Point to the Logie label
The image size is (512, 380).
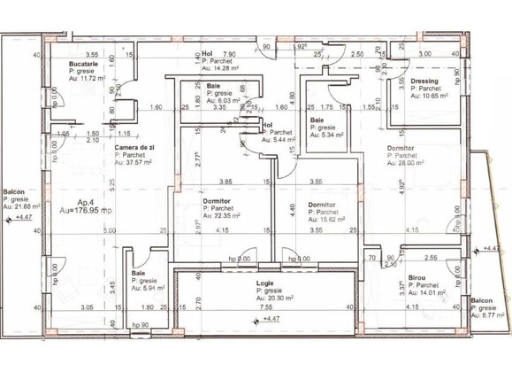265,283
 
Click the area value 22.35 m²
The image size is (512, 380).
222,215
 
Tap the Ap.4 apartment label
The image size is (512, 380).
86,203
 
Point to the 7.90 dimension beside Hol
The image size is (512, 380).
229,54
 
